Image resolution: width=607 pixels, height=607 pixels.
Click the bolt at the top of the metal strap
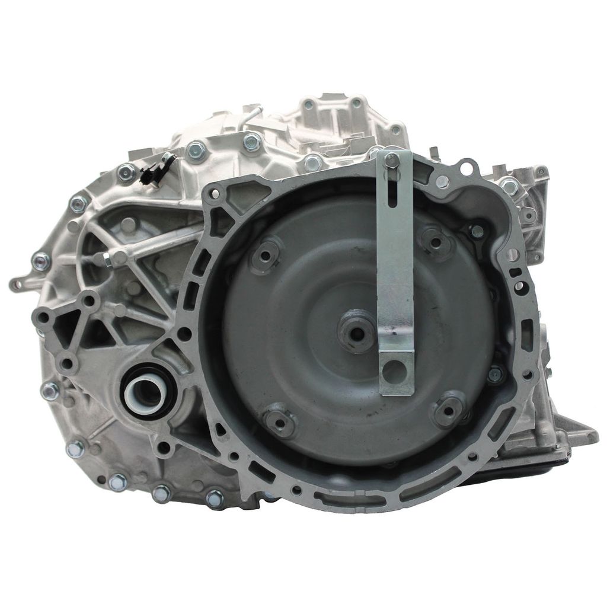click(x=391, y=159)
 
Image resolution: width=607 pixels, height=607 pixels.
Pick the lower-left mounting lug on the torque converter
click(x=278, y=422)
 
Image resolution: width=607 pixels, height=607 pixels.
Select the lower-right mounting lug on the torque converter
click(x=449, y=408)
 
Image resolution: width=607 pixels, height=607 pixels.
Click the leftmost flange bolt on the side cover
click(x=40, y=259)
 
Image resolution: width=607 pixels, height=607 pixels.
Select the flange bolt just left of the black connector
click(x=126, y=172)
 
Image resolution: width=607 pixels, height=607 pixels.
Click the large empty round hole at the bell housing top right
click(x=467, y=168)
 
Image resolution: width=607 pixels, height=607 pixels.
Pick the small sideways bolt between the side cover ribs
click(x=108, y=258)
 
